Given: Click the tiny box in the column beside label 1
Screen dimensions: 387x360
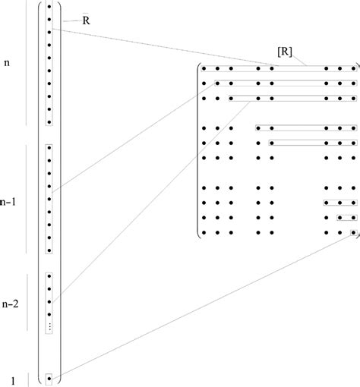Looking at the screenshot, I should click(49, 376).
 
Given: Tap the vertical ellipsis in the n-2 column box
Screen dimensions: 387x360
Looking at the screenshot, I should click(49, 326).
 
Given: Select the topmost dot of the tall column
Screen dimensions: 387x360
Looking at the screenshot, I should click(49, 7).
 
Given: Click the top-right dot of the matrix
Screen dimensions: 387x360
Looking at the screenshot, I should click(353, 69).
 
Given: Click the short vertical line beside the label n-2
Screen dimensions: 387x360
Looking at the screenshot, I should click(28, 292).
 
